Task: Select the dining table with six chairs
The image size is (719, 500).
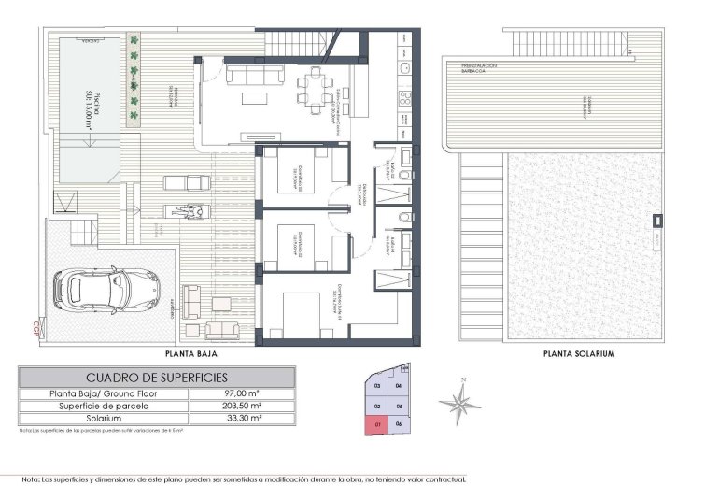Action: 313,89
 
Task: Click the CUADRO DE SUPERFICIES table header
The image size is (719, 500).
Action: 158,378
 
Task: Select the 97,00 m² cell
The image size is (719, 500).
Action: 241,394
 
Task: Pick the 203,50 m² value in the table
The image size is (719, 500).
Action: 241,407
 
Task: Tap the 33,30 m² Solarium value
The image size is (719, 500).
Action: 241,420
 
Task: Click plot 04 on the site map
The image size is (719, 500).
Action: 399,385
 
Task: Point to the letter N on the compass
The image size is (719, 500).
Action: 464,380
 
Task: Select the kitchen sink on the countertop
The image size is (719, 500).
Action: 403,69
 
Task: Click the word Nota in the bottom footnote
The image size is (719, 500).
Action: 31,479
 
